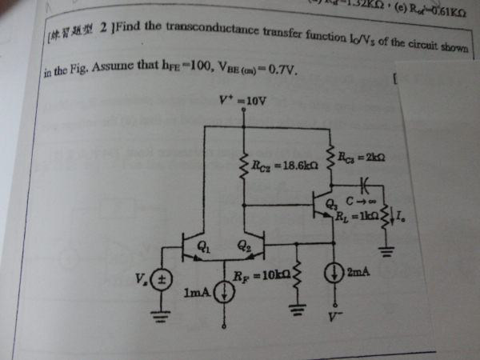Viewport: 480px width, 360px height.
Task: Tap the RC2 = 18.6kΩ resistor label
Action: [274, 166]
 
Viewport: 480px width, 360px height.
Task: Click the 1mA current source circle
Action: [226, 294]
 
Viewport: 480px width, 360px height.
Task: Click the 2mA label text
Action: [357, 272]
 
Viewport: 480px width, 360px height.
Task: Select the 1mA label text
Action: [198, 294]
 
